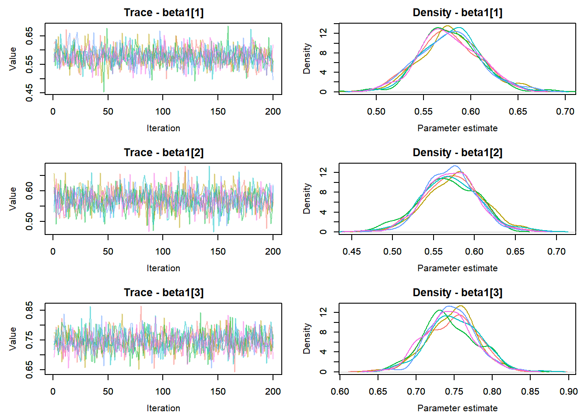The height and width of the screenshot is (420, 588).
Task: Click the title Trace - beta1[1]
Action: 164,13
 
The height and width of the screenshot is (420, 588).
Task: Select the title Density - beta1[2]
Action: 458,153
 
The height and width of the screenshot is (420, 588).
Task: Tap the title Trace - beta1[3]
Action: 164,293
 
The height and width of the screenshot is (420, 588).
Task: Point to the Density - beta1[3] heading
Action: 458,293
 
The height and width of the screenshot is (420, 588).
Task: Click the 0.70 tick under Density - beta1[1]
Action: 565,112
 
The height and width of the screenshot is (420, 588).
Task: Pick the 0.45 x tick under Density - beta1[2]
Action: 352,252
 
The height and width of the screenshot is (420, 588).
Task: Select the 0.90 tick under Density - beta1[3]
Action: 568,392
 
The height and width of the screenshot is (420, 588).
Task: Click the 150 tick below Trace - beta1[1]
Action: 218,112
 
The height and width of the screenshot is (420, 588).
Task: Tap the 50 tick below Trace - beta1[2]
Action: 108,252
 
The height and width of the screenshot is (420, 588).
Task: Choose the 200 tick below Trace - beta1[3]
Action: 273,392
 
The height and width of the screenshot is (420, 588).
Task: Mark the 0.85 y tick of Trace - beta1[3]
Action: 29,310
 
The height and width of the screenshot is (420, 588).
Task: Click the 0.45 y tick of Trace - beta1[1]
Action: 29,93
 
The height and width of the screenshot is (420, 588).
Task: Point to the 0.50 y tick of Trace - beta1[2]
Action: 29,221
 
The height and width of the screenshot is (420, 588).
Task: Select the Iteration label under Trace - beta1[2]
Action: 164,268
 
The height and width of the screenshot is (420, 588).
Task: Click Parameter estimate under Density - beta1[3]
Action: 458,408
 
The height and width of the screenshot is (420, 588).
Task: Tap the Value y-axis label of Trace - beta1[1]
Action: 13,59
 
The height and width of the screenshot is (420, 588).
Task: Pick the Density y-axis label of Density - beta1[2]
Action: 307,199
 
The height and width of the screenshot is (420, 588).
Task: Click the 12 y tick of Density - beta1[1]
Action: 323,33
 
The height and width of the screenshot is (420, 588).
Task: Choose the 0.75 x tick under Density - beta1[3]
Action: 454,392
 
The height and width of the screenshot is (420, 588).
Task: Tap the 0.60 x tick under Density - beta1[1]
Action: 471,112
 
